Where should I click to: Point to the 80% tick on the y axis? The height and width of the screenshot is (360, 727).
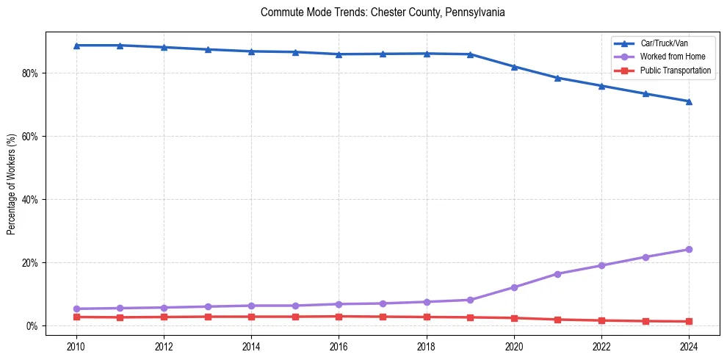point(32,73)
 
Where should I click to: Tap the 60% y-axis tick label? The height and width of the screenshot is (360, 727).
point(32,137)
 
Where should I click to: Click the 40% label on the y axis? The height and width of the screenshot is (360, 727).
point(32,200)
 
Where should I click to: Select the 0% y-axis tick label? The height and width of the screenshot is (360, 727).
point(34,326)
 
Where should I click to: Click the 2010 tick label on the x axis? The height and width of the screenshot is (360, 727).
point(76,346)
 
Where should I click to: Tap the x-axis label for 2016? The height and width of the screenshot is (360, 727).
point(339,346)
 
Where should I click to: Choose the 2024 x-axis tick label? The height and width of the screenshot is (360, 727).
point(689,346)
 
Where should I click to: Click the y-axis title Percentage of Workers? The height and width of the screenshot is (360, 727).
point(12,184)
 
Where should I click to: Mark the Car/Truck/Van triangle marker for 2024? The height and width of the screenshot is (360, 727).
point(689,101)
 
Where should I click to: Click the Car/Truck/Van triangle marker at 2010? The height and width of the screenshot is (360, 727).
point(76,46)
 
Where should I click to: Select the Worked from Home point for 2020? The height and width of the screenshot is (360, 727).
point(514,287)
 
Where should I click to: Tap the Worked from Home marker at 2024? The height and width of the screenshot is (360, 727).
point(689,250)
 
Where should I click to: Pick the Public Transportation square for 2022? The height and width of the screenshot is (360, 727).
point(601,320)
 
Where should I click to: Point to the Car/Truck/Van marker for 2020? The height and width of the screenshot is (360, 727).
point(514,67)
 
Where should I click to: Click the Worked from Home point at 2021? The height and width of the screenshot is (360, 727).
point(557,274)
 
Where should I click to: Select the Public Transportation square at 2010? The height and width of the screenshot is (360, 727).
point(76,317)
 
